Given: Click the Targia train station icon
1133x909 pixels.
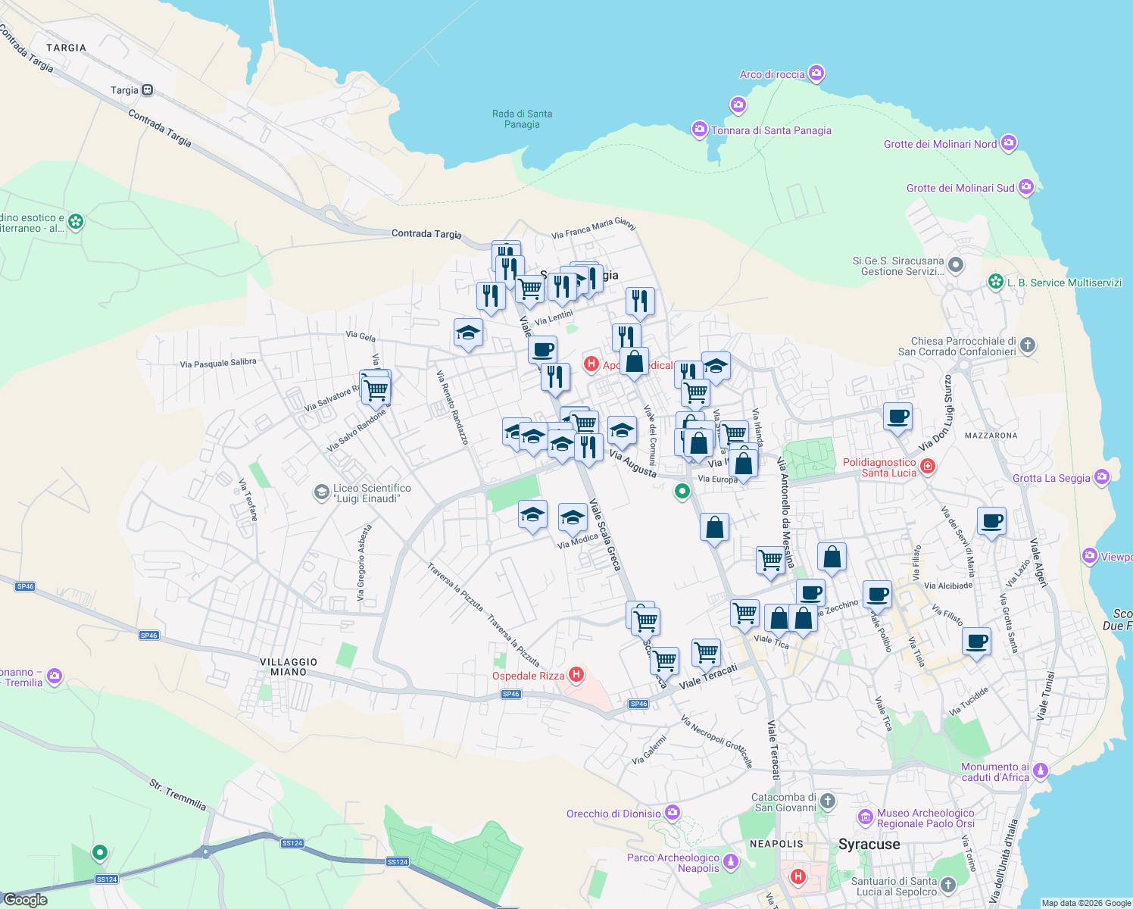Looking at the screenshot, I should point(147,90).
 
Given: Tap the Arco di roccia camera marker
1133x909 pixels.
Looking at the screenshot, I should point(816,73).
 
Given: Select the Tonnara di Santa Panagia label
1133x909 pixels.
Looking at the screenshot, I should point(771,130).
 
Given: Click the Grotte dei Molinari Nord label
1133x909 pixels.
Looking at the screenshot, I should point(940,144).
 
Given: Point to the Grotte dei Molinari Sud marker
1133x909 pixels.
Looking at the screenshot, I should point(1025,187).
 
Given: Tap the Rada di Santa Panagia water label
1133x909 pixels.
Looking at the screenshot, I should point(522,119).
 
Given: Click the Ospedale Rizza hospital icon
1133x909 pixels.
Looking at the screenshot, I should point(576,674).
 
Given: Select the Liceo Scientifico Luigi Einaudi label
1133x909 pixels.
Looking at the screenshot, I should point(372,493).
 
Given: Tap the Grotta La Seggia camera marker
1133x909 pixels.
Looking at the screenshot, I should point(1101,477).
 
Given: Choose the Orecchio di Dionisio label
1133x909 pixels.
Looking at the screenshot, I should point(613,814).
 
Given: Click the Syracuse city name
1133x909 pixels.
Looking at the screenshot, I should point(869,844).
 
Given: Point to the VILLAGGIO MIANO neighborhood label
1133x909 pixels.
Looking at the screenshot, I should point(289,667).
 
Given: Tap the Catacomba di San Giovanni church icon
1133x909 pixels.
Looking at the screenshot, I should point(828,801).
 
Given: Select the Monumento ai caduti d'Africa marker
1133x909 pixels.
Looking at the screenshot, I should point(1041,770).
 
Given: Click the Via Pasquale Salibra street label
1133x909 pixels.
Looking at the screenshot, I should point(218,363).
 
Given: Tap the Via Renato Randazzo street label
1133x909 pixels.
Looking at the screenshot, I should point(452,407).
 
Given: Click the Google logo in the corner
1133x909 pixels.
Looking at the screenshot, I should point(25,899).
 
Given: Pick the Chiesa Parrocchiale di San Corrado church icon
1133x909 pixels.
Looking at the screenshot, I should point(1027,345).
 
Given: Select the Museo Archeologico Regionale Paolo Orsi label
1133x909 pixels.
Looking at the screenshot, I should point(925,818).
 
